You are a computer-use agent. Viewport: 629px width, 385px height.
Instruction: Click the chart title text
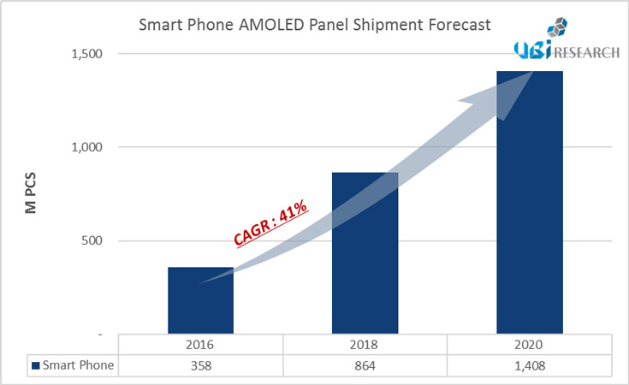314,25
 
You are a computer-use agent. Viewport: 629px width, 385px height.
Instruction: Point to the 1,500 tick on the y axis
86,54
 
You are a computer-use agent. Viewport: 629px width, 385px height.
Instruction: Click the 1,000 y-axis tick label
86,147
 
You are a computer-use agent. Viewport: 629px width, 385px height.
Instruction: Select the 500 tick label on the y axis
92,240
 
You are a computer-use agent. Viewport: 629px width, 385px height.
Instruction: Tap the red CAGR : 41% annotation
271,224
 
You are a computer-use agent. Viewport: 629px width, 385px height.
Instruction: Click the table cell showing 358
200,365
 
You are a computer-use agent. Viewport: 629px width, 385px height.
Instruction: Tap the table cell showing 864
365,365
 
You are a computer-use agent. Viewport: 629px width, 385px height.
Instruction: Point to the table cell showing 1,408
530,365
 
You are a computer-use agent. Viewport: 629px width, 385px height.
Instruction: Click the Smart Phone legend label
78,365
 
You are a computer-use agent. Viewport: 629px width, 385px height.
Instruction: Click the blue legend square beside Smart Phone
35,366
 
